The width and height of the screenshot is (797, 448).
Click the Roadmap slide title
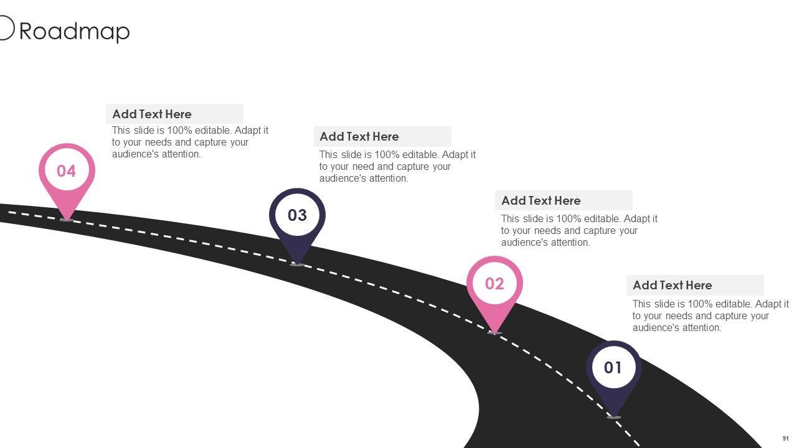[74, 31]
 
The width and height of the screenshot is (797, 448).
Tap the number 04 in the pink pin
[66, 171]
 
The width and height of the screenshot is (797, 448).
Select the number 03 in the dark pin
[297, 215]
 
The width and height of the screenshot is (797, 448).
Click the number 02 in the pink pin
[494, 284]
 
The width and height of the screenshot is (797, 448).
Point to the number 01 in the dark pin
[613, 368]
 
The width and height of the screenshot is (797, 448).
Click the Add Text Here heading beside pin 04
[152, 114]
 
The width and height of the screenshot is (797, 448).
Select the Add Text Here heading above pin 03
[359, 137]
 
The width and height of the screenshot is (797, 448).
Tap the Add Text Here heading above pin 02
[541, 201]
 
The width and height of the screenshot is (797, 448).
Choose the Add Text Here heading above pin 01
[672, 286]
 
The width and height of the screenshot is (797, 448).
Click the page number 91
[785, 439]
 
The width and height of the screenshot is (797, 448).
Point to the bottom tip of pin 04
[67, 218]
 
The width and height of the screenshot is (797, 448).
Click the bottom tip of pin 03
[297, 264]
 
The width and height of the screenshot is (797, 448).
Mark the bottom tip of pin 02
[494, 332]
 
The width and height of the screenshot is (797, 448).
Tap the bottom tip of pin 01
[614, 416]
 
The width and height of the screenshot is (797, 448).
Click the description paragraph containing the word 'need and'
[397, 167]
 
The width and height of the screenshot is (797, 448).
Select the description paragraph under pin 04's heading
[190, 142]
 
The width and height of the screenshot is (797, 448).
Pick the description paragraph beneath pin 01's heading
[710, 316]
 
